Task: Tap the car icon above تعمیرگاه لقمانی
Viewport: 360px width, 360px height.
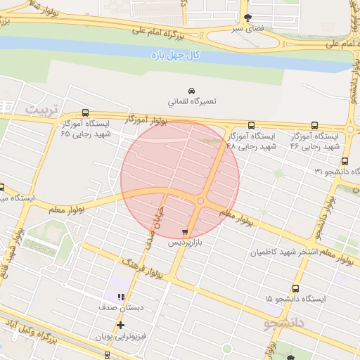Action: tap(191, 90)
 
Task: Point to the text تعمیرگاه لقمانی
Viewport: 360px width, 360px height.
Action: tap(191, 102)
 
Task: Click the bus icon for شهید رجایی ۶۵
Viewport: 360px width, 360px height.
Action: tap(85, 112)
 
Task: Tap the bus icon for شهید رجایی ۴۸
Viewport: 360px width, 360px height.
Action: tap(251, 125)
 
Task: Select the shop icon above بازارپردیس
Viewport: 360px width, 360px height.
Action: tap(185, 231)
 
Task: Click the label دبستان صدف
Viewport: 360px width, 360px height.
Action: tap(121, 308)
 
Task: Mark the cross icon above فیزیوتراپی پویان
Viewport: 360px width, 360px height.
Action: tap(121, 325)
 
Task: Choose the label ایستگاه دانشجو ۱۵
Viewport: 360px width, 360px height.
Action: tap(296, 300)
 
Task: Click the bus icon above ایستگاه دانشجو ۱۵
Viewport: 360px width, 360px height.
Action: tap(295, 288)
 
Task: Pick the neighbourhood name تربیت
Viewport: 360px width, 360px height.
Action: tap(44, 110)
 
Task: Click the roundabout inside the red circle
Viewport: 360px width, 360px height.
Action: tap(201, 202)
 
